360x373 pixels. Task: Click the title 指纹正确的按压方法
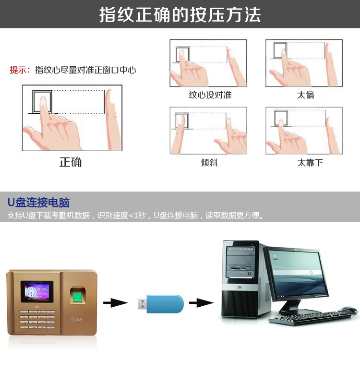[x=180, y=14]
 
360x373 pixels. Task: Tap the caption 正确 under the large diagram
[x=71, y=162]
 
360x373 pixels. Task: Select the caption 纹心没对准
[x=210, y=95]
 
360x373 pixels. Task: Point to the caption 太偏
[x=306, y=95]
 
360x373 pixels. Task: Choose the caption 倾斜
[x=209, y=163]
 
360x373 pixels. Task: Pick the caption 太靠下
[x=310, y=163]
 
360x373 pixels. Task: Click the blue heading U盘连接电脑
[x=38, y=203]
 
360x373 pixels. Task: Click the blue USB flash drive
[x=161, y=303]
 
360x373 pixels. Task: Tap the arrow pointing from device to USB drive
[x=116, y=302]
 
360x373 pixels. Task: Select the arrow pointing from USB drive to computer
[x=202, y=302]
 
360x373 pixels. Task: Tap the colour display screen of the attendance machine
[x=37, y=291]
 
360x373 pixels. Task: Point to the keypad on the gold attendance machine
[x=37, y=319]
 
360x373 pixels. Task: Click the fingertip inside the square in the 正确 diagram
[x=43, y=102]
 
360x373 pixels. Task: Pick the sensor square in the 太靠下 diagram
[x=281, y=118]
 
